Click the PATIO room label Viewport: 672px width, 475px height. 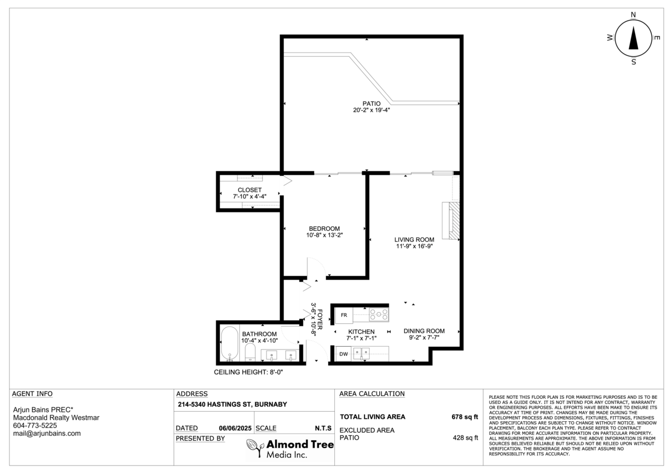pos(371,104)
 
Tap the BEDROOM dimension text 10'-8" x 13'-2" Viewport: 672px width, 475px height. pos(324,235)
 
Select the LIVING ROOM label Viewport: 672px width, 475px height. pos(414,240)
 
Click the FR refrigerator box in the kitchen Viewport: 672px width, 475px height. pos(344,315)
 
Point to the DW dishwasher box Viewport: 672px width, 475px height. pos(343,354)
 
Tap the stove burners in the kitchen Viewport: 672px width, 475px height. pos(379,314)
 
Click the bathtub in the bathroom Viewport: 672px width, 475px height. pos(230,343)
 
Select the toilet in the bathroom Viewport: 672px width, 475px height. pos(250,352)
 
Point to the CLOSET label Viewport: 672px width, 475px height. pos(250,190)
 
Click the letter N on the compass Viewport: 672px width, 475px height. pos(633,15)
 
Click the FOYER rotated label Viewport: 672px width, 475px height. pos(320,319)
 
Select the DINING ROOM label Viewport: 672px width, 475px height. pos(424,331)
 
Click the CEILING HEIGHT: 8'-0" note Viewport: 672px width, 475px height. pos(249,372)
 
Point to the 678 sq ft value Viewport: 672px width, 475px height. pos(465,417)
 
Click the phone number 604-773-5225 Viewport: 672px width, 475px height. pos(35,426)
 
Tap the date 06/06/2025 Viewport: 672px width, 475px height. pos(235,428)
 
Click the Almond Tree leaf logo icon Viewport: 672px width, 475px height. pos(255,448)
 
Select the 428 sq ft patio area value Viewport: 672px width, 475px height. pos(465,438)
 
